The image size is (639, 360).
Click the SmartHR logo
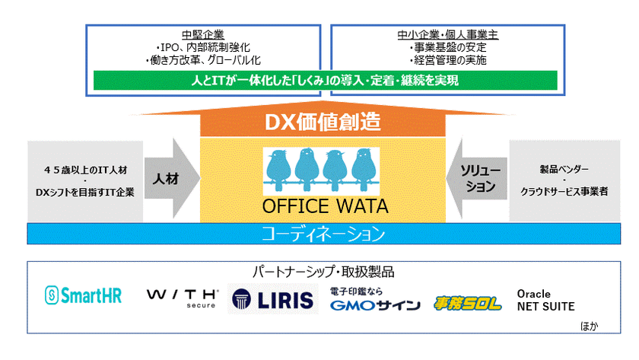tap(83, 295)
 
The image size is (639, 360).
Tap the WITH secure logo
tap(182, 298)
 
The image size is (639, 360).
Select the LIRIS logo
tap(272, 299)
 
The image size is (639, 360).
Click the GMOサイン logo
tap(375, 299)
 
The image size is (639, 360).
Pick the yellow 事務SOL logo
tap(467, 304)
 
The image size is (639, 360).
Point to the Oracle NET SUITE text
tap(545, 300)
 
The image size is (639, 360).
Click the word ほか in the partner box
tap(589, 327)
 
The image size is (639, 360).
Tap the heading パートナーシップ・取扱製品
tap(323, 272)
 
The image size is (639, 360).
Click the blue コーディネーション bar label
tap(323, 234)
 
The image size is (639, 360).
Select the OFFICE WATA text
tap(325, 206)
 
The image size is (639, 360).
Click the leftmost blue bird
tap(278, 170)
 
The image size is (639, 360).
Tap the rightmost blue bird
tap(364, 170)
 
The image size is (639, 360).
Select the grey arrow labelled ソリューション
tap(476, 179)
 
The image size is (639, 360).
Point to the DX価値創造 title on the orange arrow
tap(323, 122)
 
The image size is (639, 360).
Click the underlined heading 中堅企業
tap(203, 35)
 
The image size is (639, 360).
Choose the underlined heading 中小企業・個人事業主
tap(448, 35)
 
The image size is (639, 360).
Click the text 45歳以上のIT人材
tap(85, 170)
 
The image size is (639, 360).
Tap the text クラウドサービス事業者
tap(564, 191)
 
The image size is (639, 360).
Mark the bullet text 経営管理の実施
tap(450, 60)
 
